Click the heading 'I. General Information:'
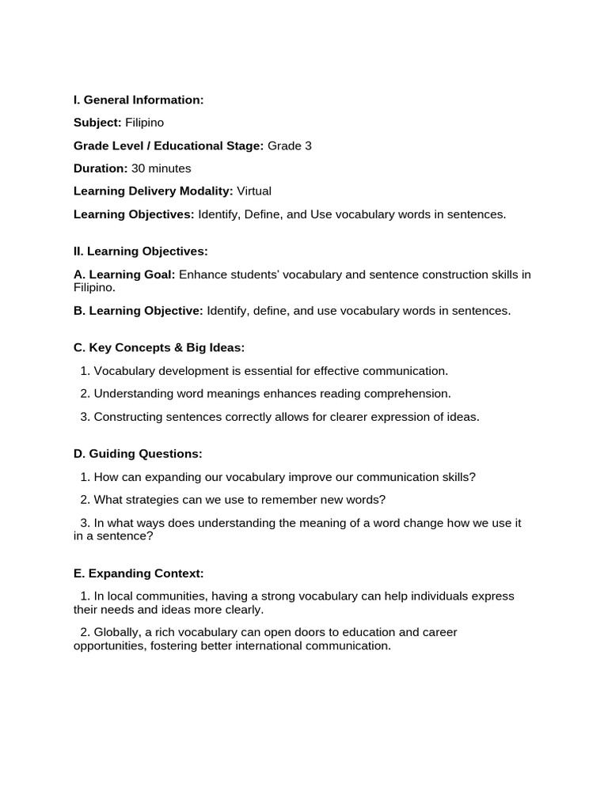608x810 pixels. click(139, 100)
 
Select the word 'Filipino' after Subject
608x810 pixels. click(145, 123)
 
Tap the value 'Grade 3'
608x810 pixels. click(290, 146)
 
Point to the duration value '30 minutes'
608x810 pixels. click(161, 168)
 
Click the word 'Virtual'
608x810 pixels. click(253, 191)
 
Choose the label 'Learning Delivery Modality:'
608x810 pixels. click(153, 191)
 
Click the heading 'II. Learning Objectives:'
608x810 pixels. click(141, 252)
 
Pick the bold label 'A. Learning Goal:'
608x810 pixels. click(124, 274)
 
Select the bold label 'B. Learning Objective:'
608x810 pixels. click(139, 311)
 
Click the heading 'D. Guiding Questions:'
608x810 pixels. click(138, 453)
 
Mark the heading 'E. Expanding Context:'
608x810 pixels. click(139, 573)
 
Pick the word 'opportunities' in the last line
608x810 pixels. click(110, 645)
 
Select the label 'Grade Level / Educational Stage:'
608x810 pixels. click(169, 146)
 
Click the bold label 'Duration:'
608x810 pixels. click(101, 168)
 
